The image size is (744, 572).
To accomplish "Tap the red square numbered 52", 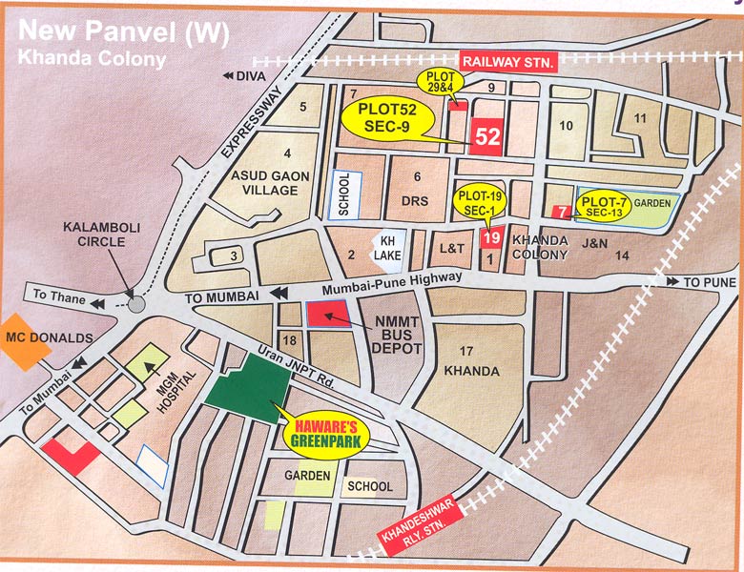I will coord(486,137).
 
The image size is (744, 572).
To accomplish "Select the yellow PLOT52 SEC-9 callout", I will coord(387,121).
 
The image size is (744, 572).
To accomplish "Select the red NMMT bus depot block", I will coord(326,315).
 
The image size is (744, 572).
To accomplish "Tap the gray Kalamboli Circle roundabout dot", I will coord(136,303).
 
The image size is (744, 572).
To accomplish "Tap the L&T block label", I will coord(451,248).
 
